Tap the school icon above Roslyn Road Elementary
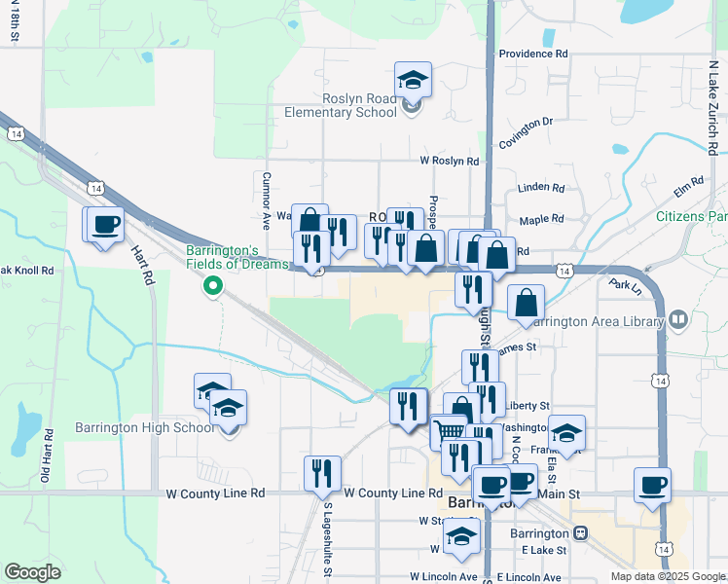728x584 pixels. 413,80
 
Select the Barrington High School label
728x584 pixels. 145,428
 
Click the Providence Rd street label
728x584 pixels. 532,55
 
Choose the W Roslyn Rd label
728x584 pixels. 450,162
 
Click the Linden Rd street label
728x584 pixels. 542,187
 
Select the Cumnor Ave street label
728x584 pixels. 264,195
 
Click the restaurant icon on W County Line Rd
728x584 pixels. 321,474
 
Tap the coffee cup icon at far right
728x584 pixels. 651,485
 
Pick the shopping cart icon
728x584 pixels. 449,431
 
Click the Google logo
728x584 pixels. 33,572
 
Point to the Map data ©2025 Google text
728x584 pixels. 668,576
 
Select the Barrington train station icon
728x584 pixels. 582,533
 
